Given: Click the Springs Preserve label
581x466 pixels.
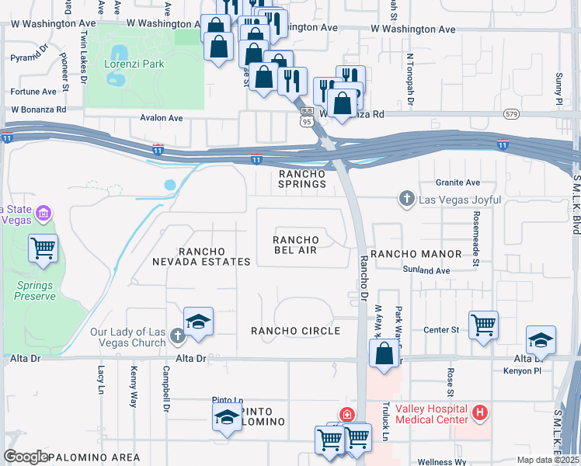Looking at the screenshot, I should pyautogui.click(x=35, y=290).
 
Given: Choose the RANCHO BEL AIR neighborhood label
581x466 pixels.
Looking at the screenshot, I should pyautogui.click(x=295, y=245).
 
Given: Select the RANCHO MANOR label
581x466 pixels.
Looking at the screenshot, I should pyautogui.click(x=415, y=254).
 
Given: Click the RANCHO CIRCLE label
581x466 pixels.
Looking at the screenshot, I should pyautogui.click(x=295, y=331).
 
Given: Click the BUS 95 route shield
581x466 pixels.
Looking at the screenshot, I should pyautogui.click(x=307, y=116).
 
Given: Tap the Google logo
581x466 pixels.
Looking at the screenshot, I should pyautogui.click(x=26, y=457).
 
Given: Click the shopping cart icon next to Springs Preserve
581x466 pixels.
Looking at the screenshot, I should pyautogui.click(x=43, y=249).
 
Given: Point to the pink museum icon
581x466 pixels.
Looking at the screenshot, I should pyautogui.click(x=43, y=213).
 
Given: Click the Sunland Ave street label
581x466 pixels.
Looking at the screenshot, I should pyautogui.click(x=426, y=270).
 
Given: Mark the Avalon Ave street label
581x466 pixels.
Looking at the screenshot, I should pyautogui.click(x=161, y=118).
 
